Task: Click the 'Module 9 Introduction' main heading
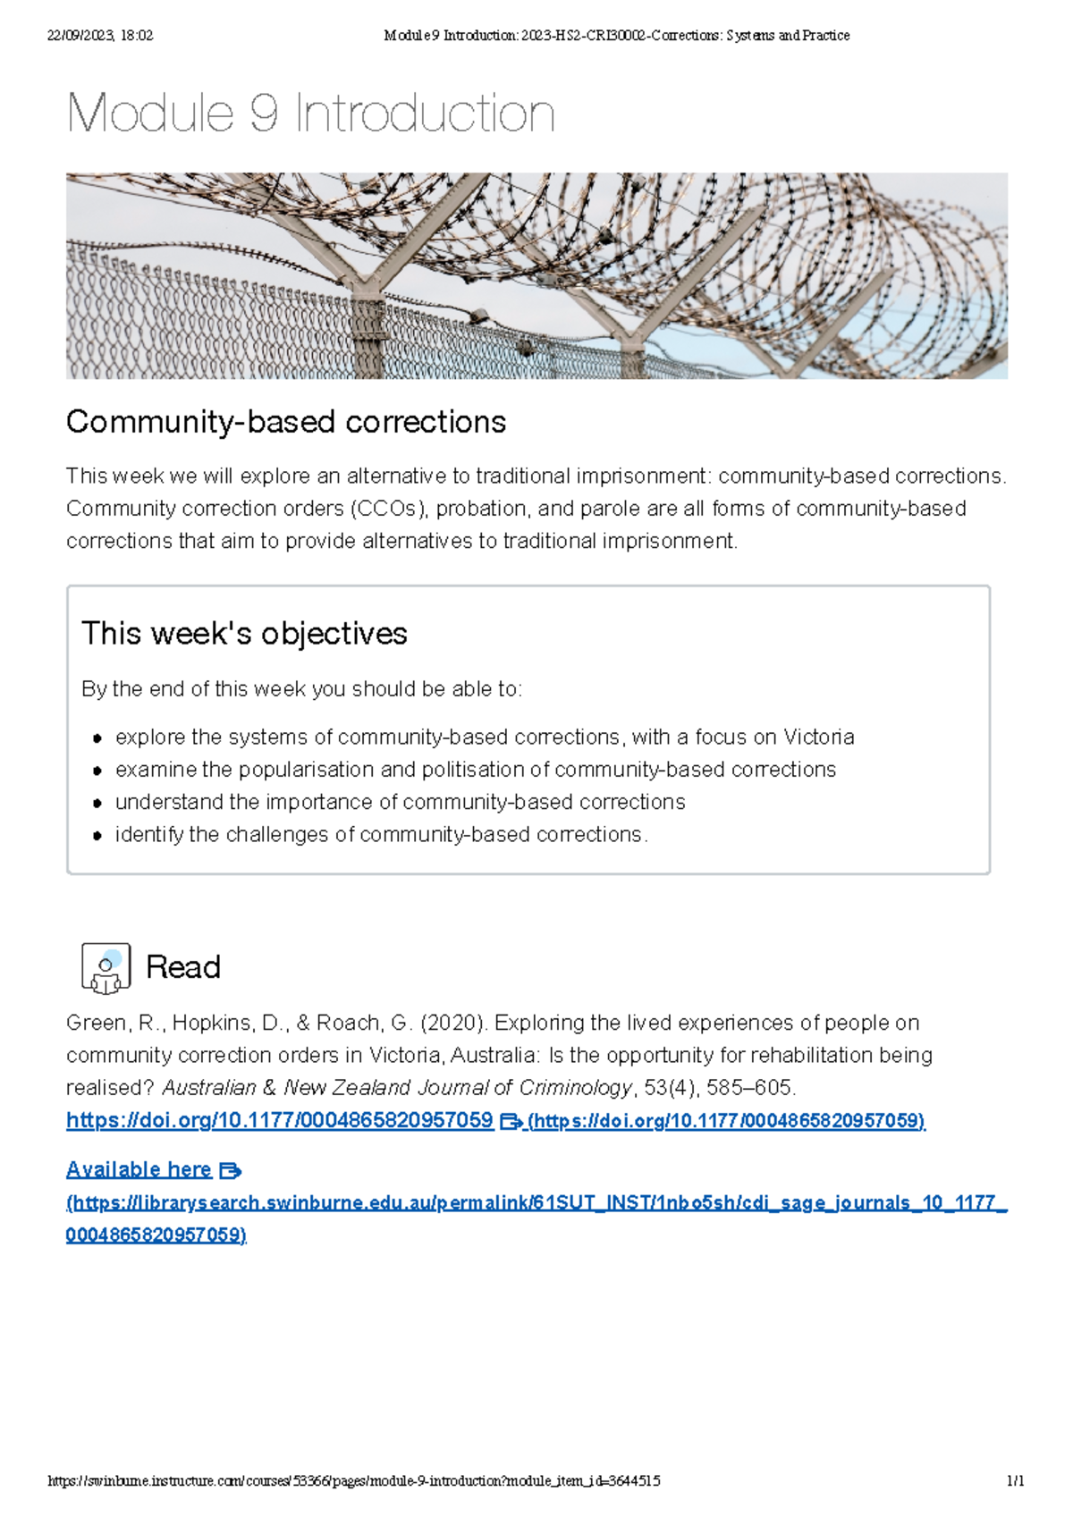point(310,114)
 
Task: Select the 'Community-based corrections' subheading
point(286,421)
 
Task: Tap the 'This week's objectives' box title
point(244,633)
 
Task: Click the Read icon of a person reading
point(106,967)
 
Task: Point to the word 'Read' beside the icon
point(183,966)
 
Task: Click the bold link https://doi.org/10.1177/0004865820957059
point(280,1120)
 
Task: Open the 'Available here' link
point(139,1169)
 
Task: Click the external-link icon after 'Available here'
point(230,1170)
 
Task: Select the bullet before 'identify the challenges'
point(97,835)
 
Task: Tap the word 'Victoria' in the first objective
point(818,737)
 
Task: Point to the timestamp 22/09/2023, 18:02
point(99,36)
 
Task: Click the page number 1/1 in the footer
point(1015,1480)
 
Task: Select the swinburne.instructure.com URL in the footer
point(353,1480)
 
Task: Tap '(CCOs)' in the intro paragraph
point(390,509)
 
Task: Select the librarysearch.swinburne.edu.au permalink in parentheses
point(536,1203)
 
